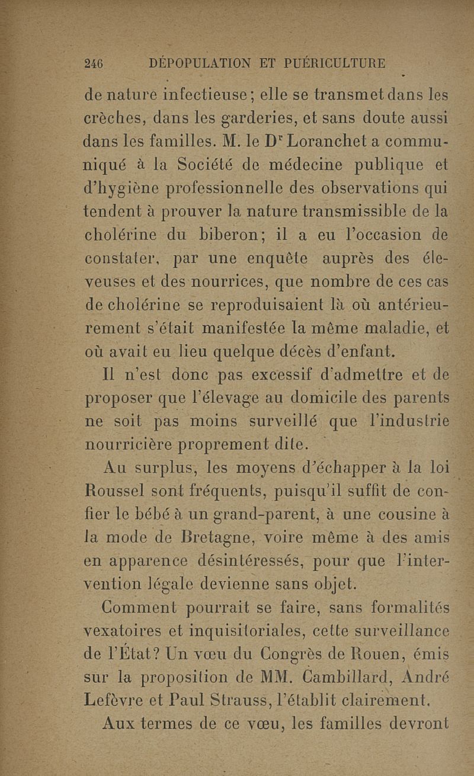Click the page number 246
pos(94,63)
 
